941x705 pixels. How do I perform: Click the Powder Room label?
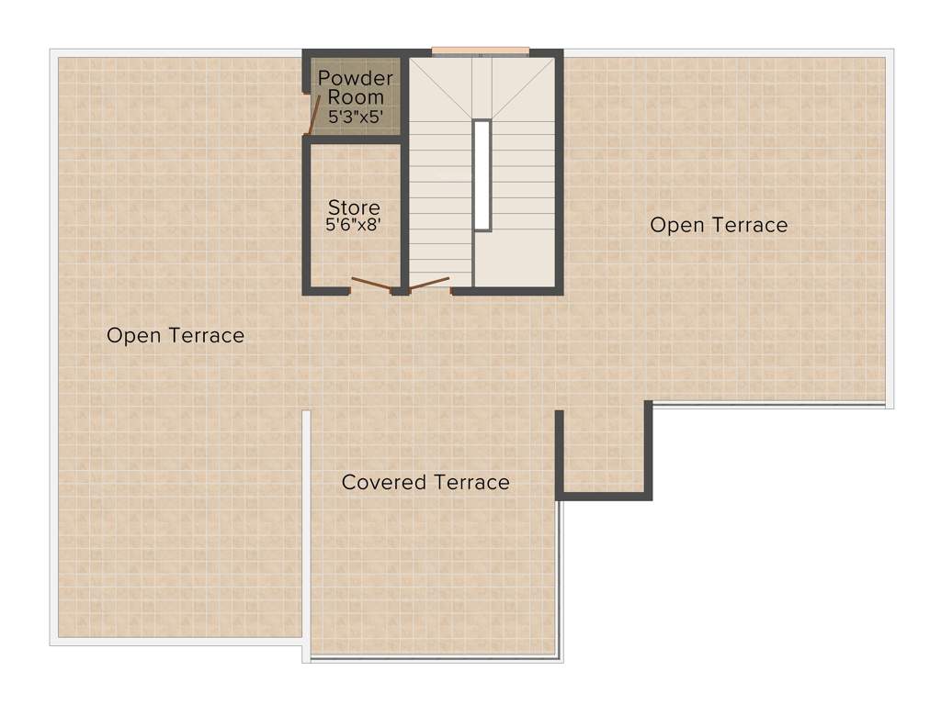pyautogui.click(x=355, y=87)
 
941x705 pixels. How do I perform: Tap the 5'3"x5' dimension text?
pyautogui.click(x=355, y=117)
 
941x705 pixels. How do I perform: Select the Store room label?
pyautogui.click(x=354, y=207)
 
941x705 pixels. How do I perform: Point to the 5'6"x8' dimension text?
pyautogui.click(x=354, y=224)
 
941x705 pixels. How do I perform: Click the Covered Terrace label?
pyautogui.click(x=425, y=482)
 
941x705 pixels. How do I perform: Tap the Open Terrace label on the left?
pyautogui.click(x=176, y=335)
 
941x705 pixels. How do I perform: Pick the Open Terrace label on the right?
pyautogui.click(x=719, y=225)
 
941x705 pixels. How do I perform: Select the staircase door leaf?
pyautogui.click(x=428, y=283)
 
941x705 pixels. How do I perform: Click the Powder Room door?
pyautogui.click(x=313, y=115)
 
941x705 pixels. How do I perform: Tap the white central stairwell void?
pyautogui.click(x=482, y=174)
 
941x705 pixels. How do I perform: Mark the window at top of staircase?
pyautogui.click(x=480, y=51)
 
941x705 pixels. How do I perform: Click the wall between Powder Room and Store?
pyautogui.click(x=354, y=139)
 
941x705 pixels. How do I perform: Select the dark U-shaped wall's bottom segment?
pyautogui.click(x=604, y=496)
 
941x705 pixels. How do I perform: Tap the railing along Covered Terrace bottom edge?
pyautogui.click(x=434, y=657)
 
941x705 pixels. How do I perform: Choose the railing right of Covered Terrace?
pyautogui.click(x=560, y=578)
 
